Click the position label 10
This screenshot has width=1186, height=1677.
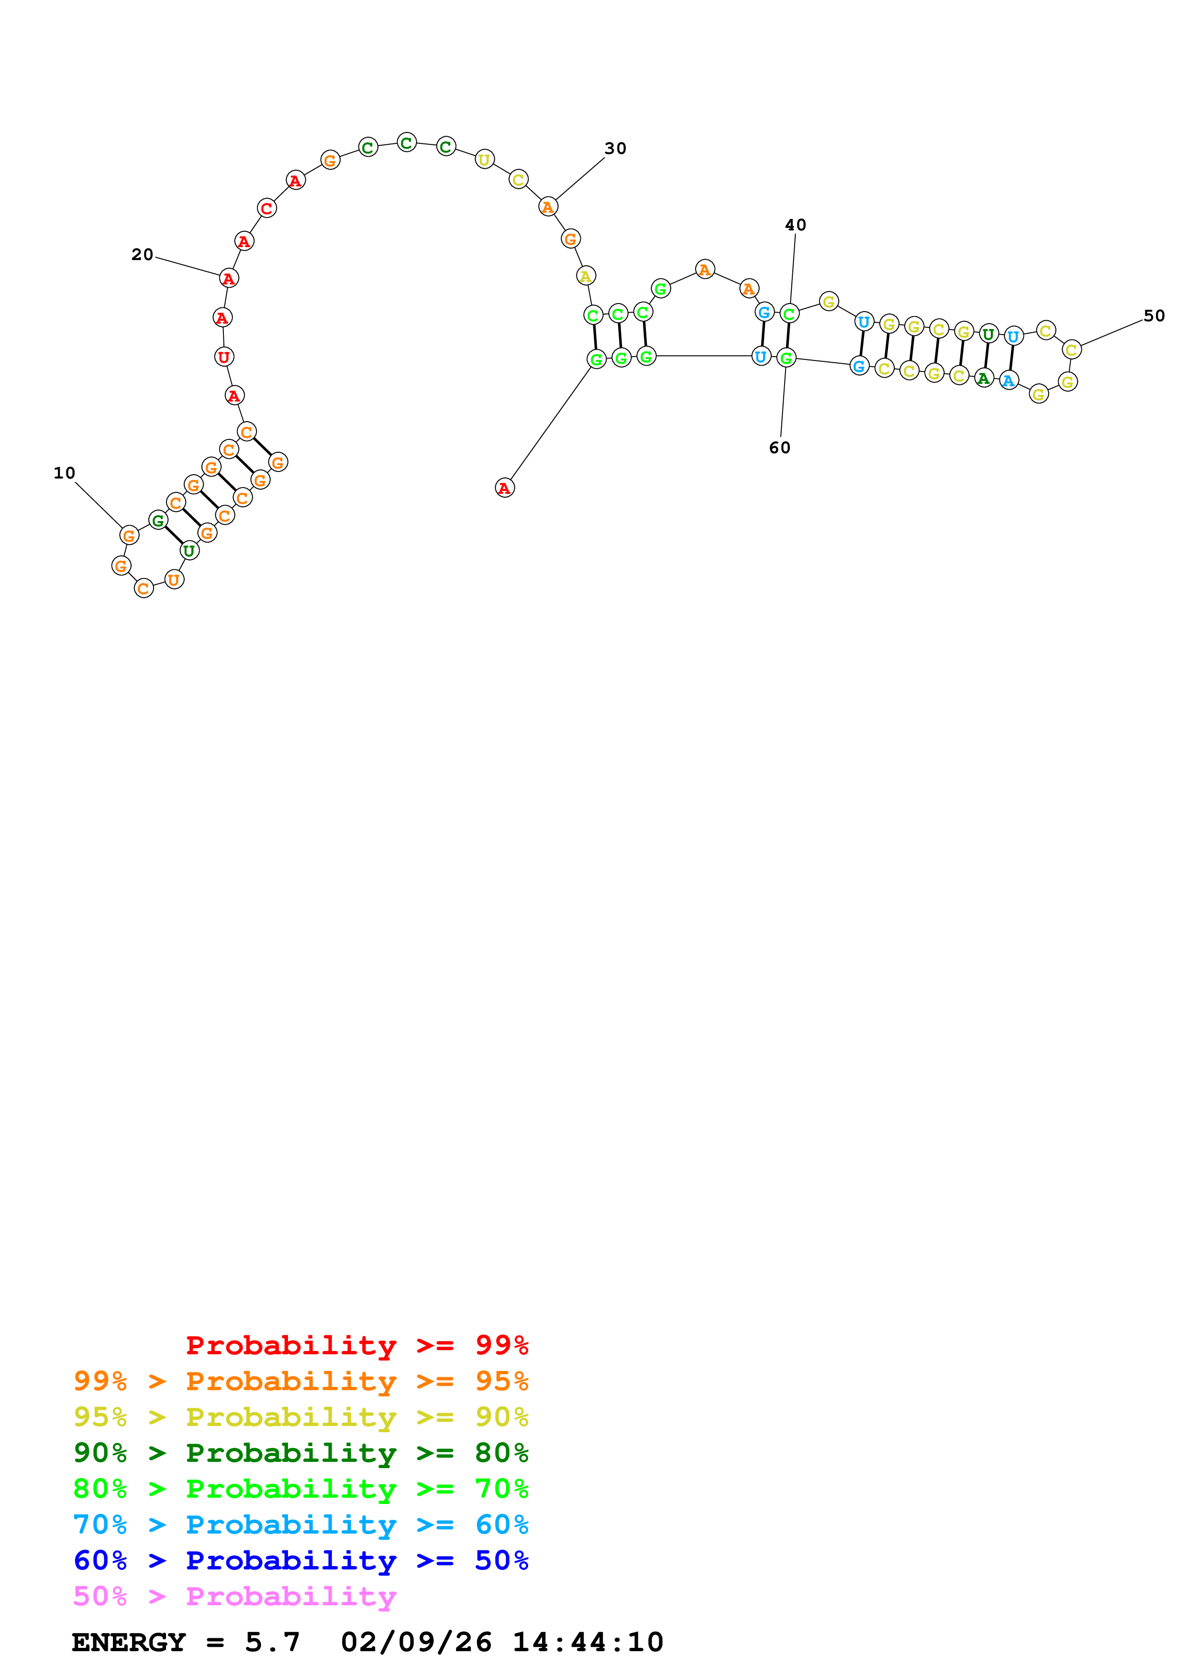[64, 473]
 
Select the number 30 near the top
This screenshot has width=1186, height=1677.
[615, 149]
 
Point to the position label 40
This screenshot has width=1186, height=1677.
[796, 225]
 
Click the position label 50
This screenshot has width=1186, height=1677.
[1154, 316]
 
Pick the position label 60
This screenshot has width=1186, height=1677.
[780, 448]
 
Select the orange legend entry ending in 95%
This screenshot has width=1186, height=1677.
[301, 1381]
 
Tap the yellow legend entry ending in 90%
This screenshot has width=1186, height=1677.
[301, 1417]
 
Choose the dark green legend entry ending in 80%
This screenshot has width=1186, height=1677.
[301, 1453]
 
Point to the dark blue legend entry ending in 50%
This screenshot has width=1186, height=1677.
[301, 1560]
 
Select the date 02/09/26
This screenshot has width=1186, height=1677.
[416, 1642]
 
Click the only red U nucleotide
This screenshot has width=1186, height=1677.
[223, 357]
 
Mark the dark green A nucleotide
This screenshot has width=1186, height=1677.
[984, 378]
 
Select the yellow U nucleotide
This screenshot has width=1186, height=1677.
[485, 159]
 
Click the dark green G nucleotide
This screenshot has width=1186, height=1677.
[158, 521]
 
